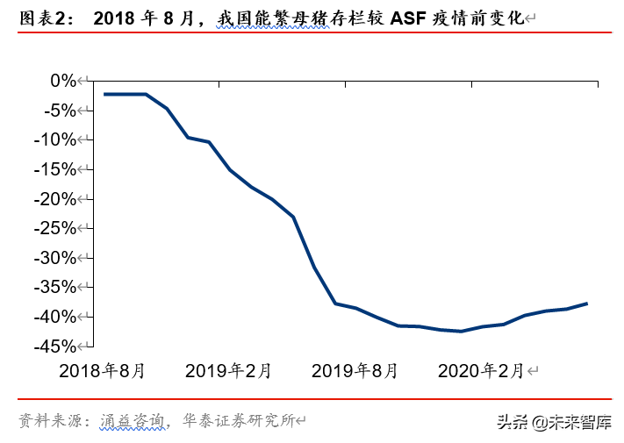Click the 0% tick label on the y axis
(x=63, y=81)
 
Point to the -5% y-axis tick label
(x=59, y=111)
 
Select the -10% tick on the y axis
(x=55, y=139)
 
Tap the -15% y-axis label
(x=55, y=169)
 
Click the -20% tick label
(x=55, y=199)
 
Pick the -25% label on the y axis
(x=55, y=228)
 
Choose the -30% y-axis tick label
(x=55, y=258)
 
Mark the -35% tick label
(x=55, y=288)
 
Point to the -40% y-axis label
(x=55, y=317)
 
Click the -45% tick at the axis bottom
(x=55, y=347)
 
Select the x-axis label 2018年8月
(x=102, y=371)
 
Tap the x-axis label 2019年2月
(x=228, y=371)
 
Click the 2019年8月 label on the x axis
(x=355, y=371)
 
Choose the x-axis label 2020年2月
(x=481, y=371)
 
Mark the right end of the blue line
(x=587, y=304)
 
